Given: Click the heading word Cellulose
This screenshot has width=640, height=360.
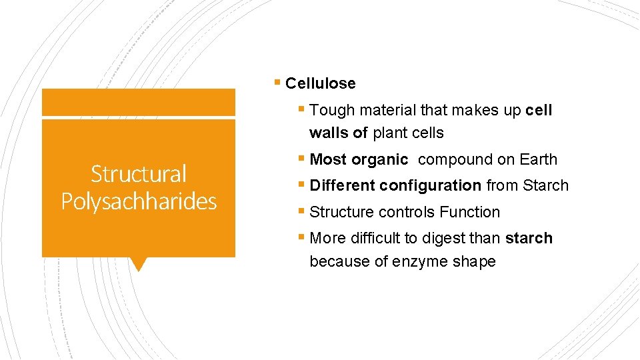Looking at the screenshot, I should click(320, 84).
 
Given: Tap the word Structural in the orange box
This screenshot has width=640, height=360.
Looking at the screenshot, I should click(139, 174).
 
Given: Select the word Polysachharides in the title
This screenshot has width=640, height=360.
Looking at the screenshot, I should click(139, 201).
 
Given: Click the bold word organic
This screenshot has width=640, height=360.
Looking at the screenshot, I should click(379, 160).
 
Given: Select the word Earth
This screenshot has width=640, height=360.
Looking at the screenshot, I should click(538, 160).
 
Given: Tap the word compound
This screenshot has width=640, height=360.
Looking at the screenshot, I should click(455, 160).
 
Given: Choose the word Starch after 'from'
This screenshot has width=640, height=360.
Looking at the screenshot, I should click(545, 186).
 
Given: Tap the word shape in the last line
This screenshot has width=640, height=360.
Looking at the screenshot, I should click(474, 262).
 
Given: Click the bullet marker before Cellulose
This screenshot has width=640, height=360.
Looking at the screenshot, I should click(277, 83).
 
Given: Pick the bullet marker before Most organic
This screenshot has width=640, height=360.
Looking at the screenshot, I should click(302, 159).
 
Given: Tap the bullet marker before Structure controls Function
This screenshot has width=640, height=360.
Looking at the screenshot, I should click(302, 212).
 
